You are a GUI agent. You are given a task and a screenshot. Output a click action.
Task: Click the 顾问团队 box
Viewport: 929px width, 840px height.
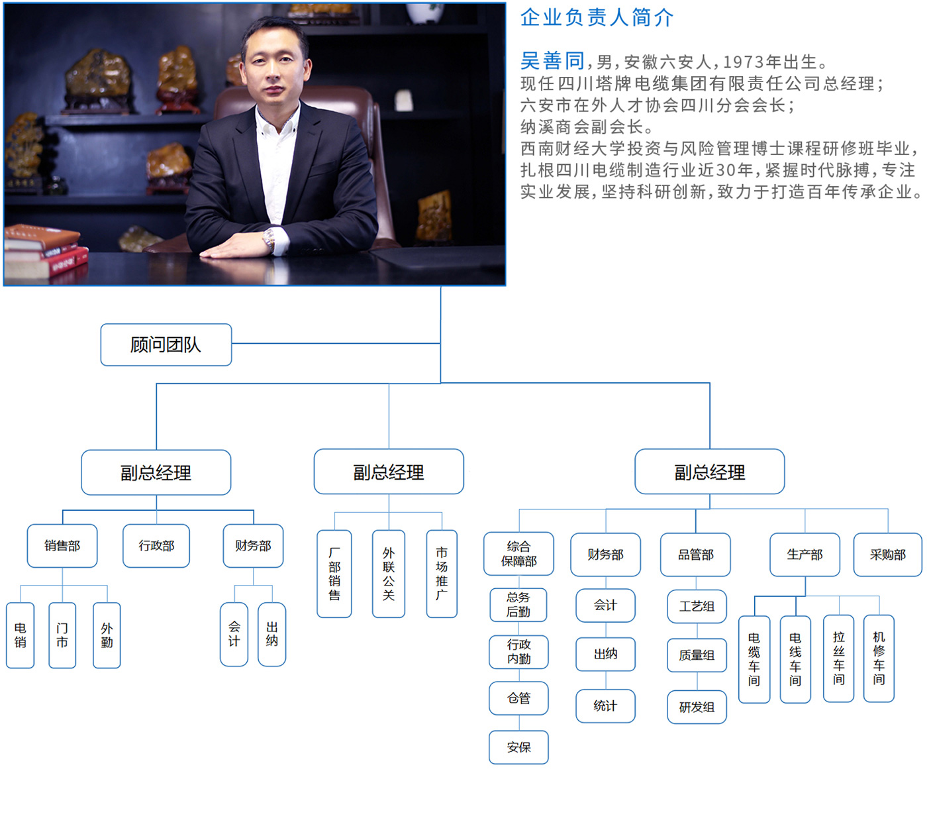pyautogui.click(x=166, y=344)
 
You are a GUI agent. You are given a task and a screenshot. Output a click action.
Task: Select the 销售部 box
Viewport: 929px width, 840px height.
pyautogui.click(x=62, y=546)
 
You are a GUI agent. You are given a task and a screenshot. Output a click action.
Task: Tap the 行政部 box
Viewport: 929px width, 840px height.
pyautogui.click(x=156, y=546)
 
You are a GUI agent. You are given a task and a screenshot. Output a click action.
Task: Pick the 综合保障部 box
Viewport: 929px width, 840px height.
pyautogui.click(x=518, y=554)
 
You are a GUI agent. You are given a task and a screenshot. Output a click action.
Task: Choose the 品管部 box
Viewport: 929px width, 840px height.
pyautogui.click(x=695, y=554)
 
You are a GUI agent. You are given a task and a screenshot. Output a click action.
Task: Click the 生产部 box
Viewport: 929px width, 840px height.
pyautogui.click(x=805, y=554)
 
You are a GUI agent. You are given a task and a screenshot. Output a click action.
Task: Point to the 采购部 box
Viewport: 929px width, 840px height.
pyautogui.click(x=887, y=554)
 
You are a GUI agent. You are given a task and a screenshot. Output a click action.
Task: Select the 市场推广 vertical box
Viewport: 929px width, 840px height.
pyautogui.click(x=442, y=574)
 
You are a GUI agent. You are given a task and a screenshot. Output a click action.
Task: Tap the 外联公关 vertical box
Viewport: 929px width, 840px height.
pyautogui.click(x=389, y=574)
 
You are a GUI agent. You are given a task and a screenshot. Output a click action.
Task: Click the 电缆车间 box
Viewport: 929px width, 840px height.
pyautogui.click(x=754, y=658)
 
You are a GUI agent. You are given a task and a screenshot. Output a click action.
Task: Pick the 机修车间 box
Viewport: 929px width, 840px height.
pyautogui.click(x=879, y=658)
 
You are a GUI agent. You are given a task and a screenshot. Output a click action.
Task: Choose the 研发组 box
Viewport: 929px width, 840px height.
pyautogui.click(x=697, y=707)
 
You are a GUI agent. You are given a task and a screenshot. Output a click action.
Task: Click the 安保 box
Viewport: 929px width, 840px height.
pyautogui.click(x=518, y=747)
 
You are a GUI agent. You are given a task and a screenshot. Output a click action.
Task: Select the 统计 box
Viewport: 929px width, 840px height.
pyautogui.click(x=605, y=706)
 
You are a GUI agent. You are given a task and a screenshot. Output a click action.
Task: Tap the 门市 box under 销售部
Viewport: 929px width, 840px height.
pyautogui.click(x=62, y=635)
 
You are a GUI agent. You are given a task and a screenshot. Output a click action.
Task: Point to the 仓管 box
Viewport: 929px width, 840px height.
pyautogui.click(x=518, y=698)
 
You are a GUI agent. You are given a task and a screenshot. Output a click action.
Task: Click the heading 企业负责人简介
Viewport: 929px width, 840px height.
pyautogui.click(x=597, y=17)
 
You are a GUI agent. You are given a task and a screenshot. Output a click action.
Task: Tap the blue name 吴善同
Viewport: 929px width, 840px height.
pyautogui.click(x=552, y=61)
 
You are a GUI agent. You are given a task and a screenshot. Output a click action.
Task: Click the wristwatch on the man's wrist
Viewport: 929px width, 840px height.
pyautogui.click(x=269, y=239)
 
